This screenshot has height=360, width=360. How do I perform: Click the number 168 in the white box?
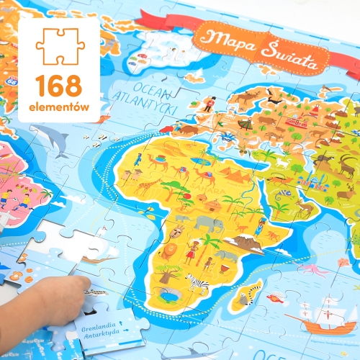tap(59, 86)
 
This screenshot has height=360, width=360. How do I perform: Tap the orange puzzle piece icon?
tap(60, 46)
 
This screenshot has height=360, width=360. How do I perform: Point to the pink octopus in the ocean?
tap(313, 269)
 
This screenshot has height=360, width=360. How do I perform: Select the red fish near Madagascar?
tap(277, 297)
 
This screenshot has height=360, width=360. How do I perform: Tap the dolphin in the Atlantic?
tap(50, 137)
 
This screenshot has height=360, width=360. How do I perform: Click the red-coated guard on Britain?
tap(209, 103)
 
